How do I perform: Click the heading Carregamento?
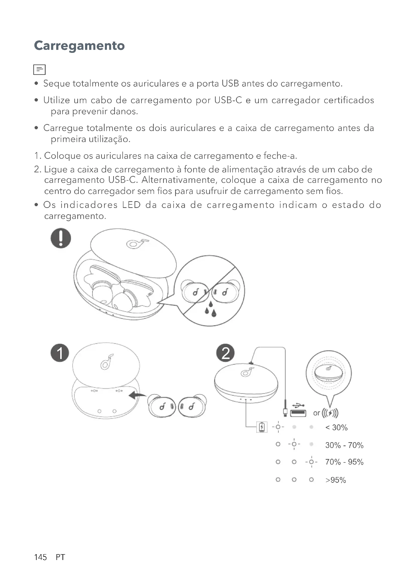point(79,46)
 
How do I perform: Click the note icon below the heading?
point(39,69)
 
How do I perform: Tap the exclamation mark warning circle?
point(60,238)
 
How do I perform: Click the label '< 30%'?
point(336,427)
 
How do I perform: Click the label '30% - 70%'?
point(344,445)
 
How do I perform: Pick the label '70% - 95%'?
point(344,462)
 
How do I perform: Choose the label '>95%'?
point(335,480)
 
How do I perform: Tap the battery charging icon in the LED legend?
point(262,427)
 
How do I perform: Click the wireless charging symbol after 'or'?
point(330,413)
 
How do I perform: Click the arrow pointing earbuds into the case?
point(137,396)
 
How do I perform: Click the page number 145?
point(40,557)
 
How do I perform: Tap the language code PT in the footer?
point(60,557)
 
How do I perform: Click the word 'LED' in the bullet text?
point(131,205)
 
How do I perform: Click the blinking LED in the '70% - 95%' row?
point(311,462)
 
